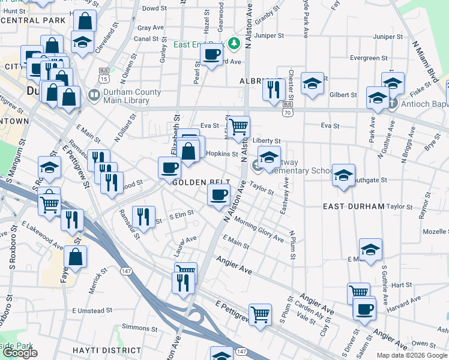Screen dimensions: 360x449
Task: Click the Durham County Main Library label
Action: pyautogui.click(x=132, y=96)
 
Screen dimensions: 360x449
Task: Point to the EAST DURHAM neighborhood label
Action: pyautogui.click(x=353, y=206)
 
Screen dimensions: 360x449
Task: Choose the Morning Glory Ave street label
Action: pyautogui.click(x=259, y=230)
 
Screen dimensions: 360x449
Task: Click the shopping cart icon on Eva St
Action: pyautogui.click(x=239, y=127)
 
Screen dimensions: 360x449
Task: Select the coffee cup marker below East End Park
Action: pyautogui.click(x=211, y=54)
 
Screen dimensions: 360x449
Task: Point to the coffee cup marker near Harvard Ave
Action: pyautogui.click(x=364, y=309)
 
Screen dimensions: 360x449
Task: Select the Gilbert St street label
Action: pyautogui.click(x=343, y=95)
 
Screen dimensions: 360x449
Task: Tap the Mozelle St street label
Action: pyautogui.click(x=435, y=231)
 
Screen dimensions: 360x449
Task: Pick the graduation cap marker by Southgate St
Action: pyautogui.click(x=343, y=175)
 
